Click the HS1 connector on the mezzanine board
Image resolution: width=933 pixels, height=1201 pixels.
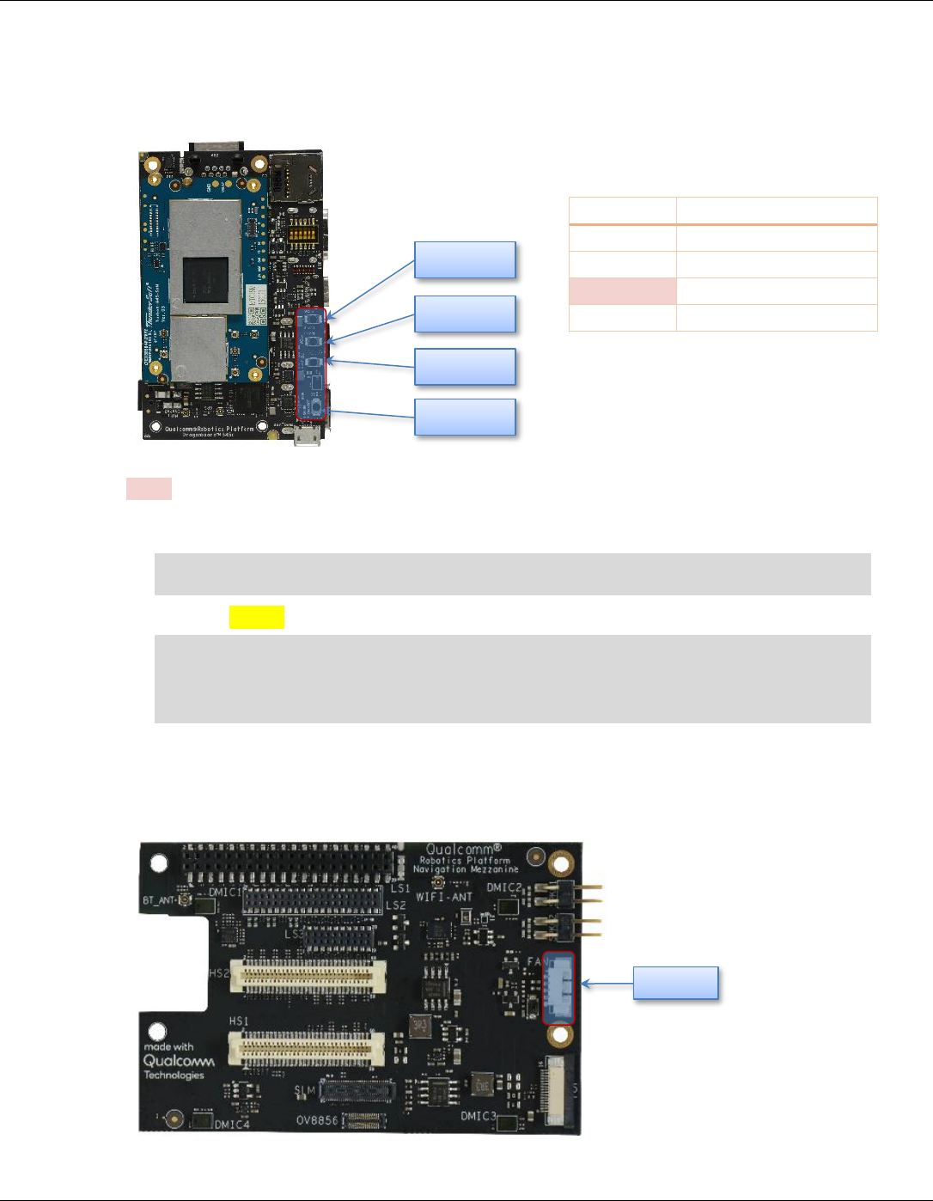307,1049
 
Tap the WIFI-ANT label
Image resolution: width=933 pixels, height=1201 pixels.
444,897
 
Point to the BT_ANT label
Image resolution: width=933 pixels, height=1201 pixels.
160,901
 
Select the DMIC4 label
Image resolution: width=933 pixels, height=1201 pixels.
231,1124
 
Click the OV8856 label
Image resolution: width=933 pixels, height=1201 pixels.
319,1121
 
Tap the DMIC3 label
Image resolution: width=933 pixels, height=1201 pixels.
478,1116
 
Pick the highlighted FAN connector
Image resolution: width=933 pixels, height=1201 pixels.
559,988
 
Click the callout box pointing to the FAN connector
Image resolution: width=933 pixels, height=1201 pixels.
675,983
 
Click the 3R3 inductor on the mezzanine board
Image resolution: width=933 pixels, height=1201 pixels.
421,1026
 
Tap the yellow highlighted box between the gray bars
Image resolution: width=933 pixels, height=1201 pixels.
257,617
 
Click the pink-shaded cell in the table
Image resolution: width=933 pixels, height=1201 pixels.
622,291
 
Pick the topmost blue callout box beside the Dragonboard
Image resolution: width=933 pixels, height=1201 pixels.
465,260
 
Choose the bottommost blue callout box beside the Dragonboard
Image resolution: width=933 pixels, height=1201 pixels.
465,417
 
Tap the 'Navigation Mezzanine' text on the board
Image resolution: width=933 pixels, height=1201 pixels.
465,869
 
